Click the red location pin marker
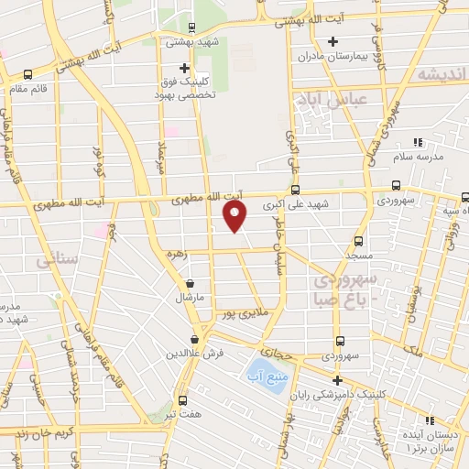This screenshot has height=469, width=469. pyautogui.click(x=235, y=215)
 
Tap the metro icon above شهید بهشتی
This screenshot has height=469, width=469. pyautogui.click(x=191, y=27)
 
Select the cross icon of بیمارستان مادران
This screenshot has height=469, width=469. pyautogui.click(x=333, y=41)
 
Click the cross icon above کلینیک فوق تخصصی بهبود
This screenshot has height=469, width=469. pyautogui.click(x=184, y=68)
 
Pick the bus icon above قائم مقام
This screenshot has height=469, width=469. pyautogui.click(x=27, y=74)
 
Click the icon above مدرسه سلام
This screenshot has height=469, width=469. pyautogui.click(x=419, y=141)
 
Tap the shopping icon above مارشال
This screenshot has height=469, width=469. pyautogui.click(x=190, y=284)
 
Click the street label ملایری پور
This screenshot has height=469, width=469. pyautogui.click(x=249, y=314)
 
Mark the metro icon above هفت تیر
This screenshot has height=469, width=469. pyautogui.click(x=182, y=400)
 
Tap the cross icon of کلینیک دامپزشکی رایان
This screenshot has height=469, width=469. pyautogui.click(x=337, y=380)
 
